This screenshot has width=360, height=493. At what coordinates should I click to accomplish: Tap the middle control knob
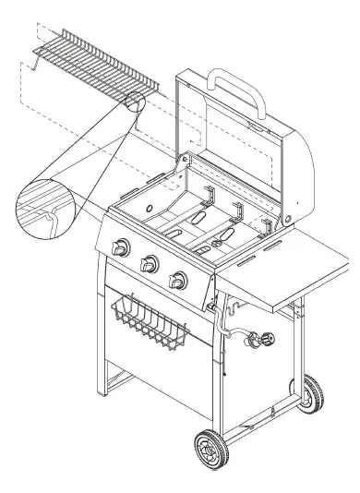pyautogui.click(x=148, y=266)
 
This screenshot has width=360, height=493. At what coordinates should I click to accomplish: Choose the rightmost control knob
pyautogui.click(x=176, y=282)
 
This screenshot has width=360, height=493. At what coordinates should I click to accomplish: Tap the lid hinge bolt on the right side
pyautogui.click(x=292, y=218)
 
